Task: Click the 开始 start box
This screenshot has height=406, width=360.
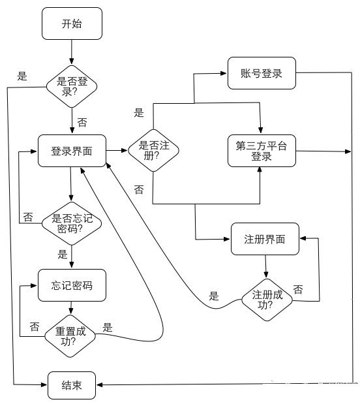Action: pyautogui.click(x=72, y=24)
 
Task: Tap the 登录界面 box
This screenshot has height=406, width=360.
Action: pyautogui.click(x=72, y=151)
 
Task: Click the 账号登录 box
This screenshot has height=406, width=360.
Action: pyautogui.click(x=262, y=73)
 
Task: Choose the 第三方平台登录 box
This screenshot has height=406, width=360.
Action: pyautogui.click(x=261, y=151)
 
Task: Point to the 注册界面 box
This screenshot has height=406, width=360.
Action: pyautogui.click(x=267, y=239)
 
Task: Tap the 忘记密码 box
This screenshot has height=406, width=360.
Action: pyautogui.click(x=72, y=285)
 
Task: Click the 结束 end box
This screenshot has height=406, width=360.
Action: pyautogui.click(x=72, y=385)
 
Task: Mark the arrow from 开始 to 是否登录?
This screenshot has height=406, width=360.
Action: pyautogui.click(x=72, y=52)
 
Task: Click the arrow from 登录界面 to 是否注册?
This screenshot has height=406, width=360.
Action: pyautogui.click(x=116, y=151)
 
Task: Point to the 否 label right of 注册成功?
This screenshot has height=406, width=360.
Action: pyautogui.click(x=298, y=289)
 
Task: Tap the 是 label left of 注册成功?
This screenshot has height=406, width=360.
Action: pyautogui.click(x=214, y=296)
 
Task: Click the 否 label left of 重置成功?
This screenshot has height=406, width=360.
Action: pyautogui.click(x=34, y=326)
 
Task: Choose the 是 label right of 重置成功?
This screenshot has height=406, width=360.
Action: pyautogui.click(x=108, y=328)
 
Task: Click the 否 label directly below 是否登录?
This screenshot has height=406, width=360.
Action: pyautogui.click(x=82, y=122)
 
